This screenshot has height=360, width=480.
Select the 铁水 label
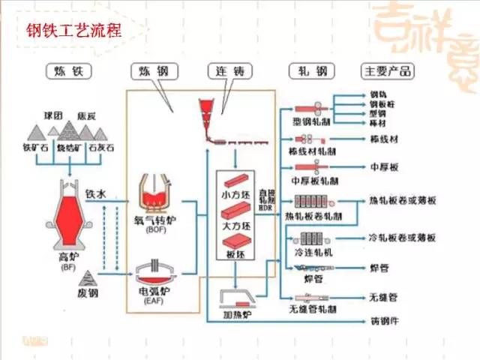(97, 194)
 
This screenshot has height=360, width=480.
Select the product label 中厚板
(382, 167)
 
